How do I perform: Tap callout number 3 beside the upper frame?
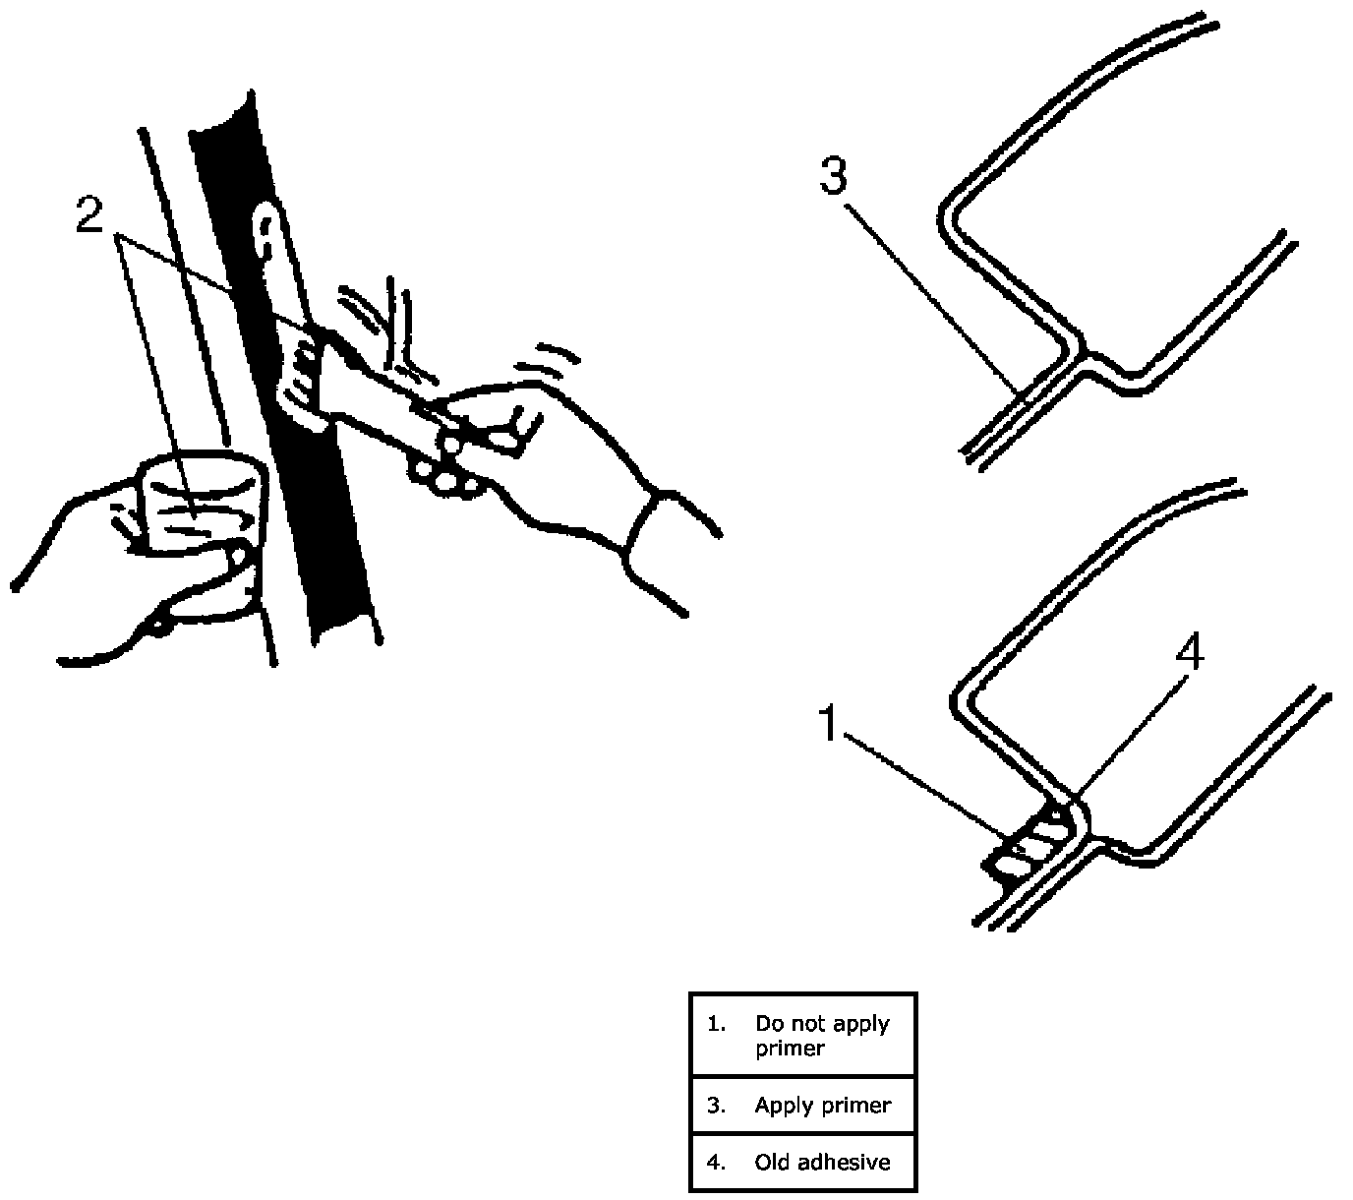click(x=832, y=177)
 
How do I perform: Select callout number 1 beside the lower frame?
click(x=830, y=725)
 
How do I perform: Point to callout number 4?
click(x=1190, y=653)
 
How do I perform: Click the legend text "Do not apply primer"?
click(x=822, y=1036)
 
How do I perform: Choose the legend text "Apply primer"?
click(x=822, y=1105)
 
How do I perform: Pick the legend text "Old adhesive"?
click(x=822, y=1162)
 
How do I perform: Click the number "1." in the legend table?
click(x=716, y=1024)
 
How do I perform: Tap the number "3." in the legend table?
click(x=716, y=1105)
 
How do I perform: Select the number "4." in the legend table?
click(x=716, y=1162)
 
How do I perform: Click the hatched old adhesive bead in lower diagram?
click(x=1032, y=841)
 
